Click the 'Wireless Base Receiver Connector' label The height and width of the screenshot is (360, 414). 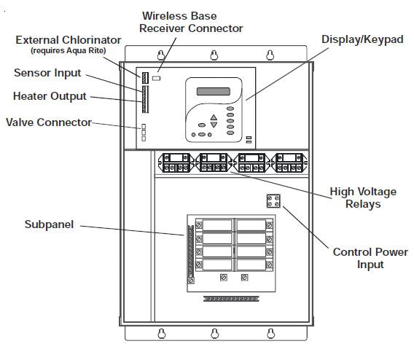click(192, 21)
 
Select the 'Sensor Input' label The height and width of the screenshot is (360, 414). click(47, 73)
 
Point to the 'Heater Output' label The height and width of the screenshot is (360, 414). click(50, 95)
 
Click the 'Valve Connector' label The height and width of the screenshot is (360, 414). click(49, 122)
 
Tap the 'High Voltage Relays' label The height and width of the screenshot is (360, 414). click(363, 197)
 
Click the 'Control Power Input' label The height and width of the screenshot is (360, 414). click(370, 258)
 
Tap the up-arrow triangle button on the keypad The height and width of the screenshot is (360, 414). click(214, 117)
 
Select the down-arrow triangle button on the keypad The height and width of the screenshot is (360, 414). click(214, 125)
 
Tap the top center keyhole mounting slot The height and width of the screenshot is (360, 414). click(214, 55)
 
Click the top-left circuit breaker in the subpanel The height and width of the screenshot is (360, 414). click(211, 225)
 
